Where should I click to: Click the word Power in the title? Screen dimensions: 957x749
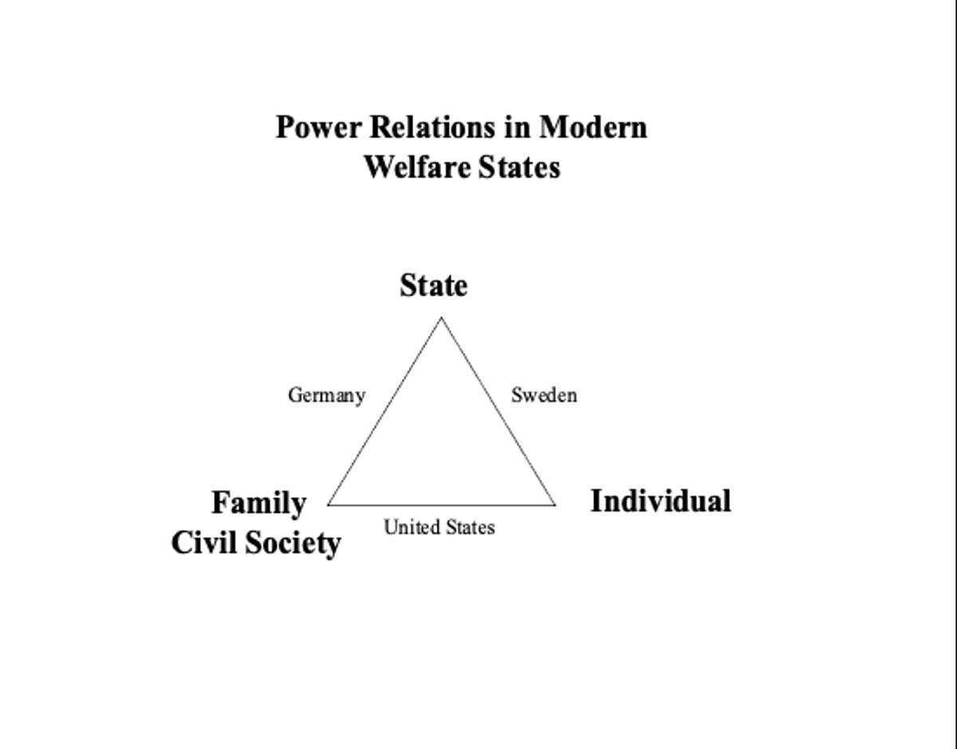coord(319,127)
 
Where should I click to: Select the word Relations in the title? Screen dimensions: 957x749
coord(433,127)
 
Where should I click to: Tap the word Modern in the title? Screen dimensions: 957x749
coord(593,127)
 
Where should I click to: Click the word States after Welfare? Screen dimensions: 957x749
coord(519,167)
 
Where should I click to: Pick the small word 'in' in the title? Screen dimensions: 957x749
coord(517,127)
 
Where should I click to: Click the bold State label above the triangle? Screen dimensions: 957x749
coord(434,286)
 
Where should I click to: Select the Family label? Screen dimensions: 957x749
coord(259,503)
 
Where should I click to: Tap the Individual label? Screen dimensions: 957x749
coord(660,501)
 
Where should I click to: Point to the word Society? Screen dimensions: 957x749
coord(293,543)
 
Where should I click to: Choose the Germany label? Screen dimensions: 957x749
coord(327,395)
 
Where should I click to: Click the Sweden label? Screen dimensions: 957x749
coord(544,395)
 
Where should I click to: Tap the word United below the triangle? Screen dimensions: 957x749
coord(412,527)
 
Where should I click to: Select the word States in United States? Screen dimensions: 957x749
coord(470,527)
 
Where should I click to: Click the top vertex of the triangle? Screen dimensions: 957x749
coord(441,318)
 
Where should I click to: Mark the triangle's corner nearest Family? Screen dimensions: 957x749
coord(328,505)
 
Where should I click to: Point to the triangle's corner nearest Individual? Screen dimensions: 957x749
coord(555,505)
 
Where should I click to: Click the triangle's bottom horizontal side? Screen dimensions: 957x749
coord(442,505)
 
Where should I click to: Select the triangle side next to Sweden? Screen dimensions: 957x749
coord(498,411)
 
